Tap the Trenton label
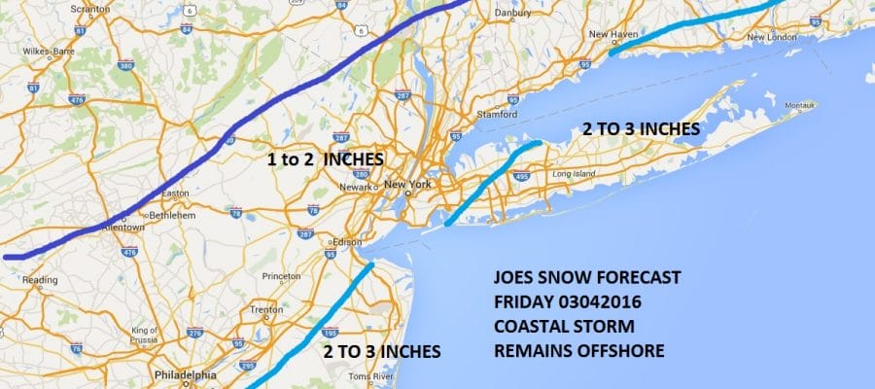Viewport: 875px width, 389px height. pyautogui.click(x=264, y=310)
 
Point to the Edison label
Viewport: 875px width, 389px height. pyautogui.click(x=346, y=242)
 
